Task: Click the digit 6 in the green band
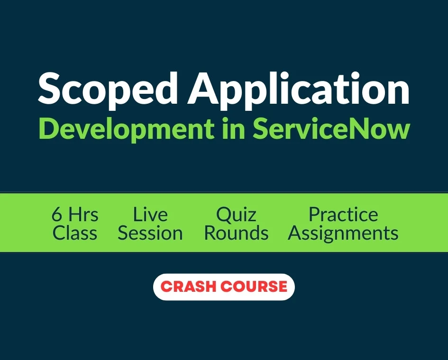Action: click(x=56, y=215)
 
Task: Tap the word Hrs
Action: click(x=83, y=215)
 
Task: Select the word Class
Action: click(x=75, y=233)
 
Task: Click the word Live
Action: click(x=150, y=215)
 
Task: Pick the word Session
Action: click(x=150, y=233)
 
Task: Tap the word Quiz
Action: click(x=236, y=215)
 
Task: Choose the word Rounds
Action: click(x=236, y=233)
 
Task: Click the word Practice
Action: click(x=343, y=215)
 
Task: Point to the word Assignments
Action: click(x=343, y=234)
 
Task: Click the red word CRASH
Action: click(x=189, y=287)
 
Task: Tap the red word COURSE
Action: click(x=254, y=287)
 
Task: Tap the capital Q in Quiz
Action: click(x=224, y=216)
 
